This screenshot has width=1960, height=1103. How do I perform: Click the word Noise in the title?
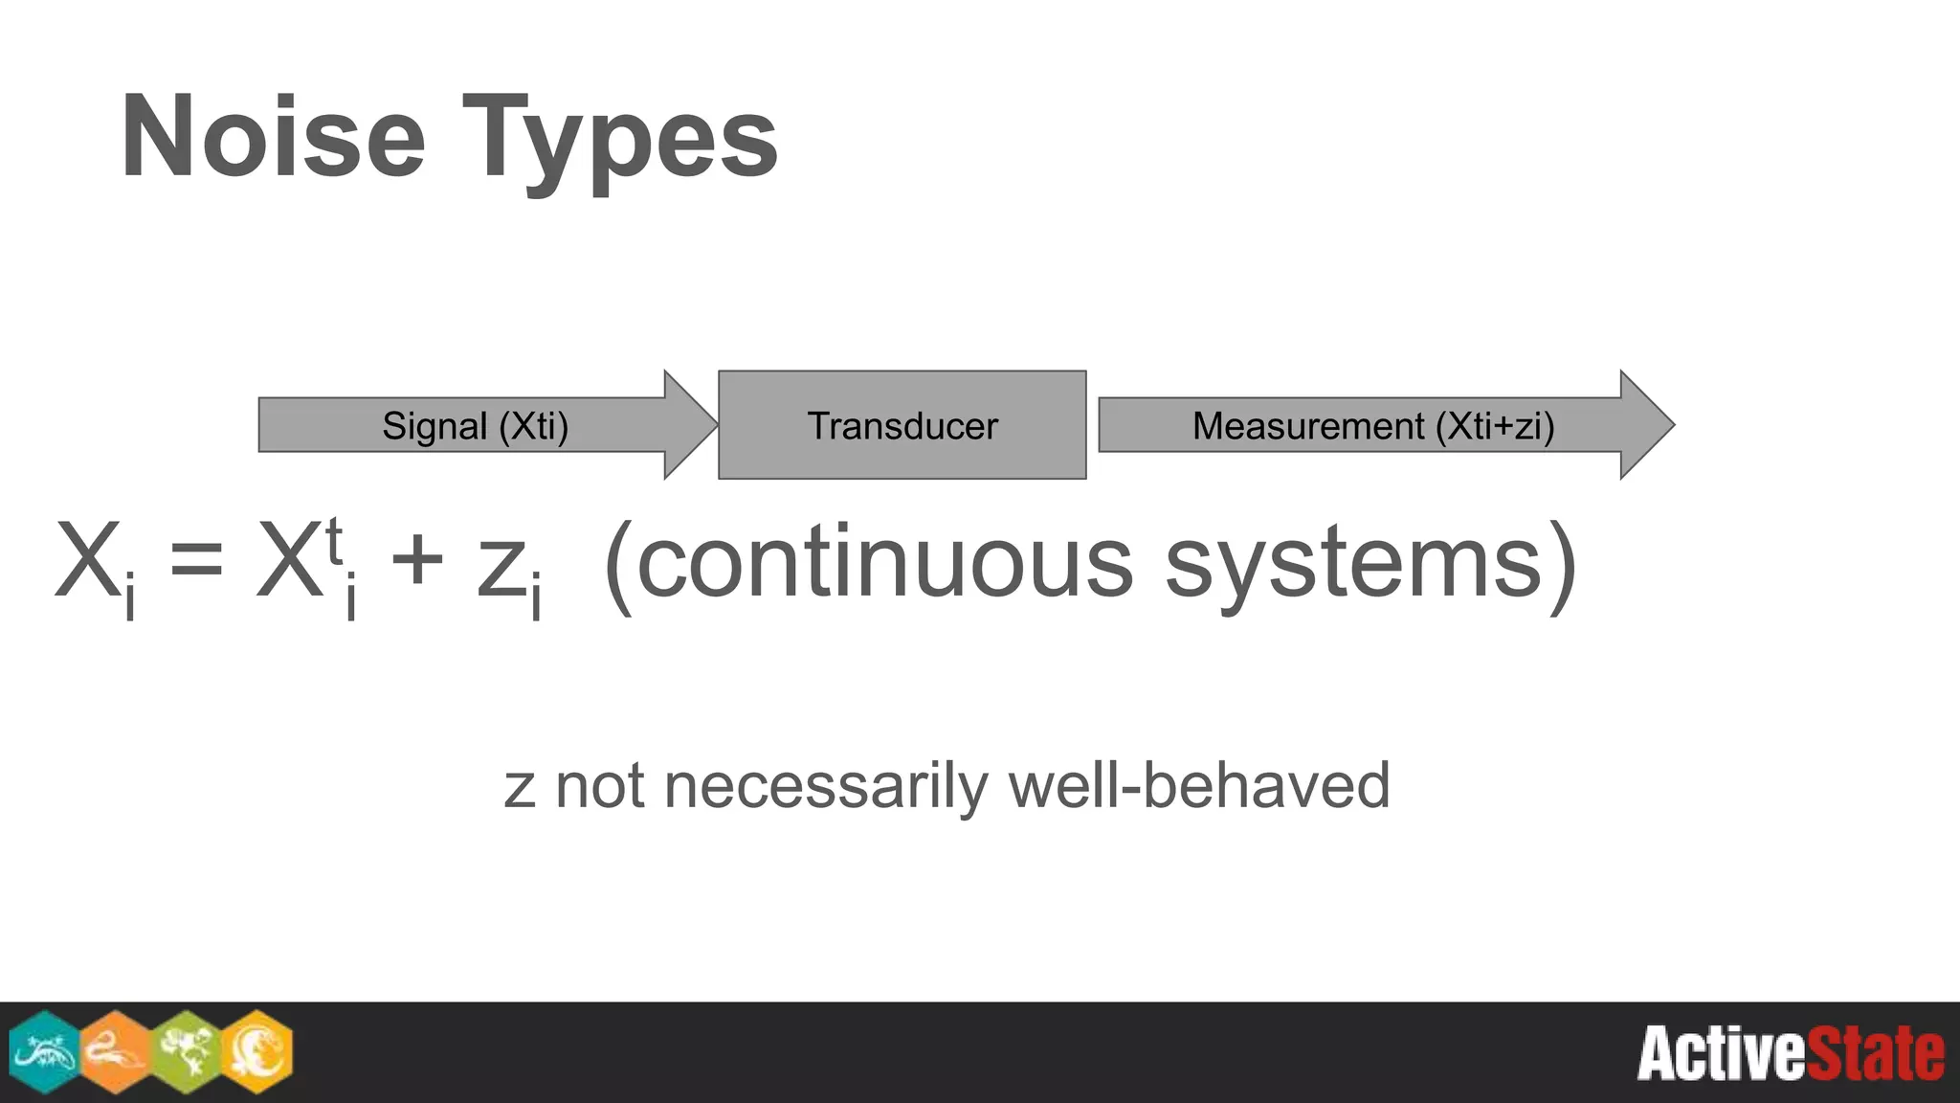coord(273,137)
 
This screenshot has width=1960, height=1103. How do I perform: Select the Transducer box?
coord(902,425)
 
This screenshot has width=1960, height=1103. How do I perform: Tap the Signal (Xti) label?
coord(475,426)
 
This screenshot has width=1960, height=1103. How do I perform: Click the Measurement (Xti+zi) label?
coord(1372,426)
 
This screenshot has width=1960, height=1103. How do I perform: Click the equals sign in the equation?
coord(196,560)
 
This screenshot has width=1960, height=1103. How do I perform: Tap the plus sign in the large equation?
coord(417,560)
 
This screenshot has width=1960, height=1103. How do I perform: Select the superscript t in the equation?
coord(334,541)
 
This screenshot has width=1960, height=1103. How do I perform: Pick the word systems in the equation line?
coord(1354,565)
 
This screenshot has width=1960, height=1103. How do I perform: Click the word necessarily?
coord(825,787)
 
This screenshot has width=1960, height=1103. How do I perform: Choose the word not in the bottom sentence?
coord(600,787)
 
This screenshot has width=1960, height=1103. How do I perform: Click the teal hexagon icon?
coord(44,1051)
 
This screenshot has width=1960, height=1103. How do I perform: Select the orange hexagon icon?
coord(116,1051)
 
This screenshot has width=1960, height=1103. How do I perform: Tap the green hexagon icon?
coord(187,1051)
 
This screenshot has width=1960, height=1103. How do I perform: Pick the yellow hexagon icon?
coord(257,1051)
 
